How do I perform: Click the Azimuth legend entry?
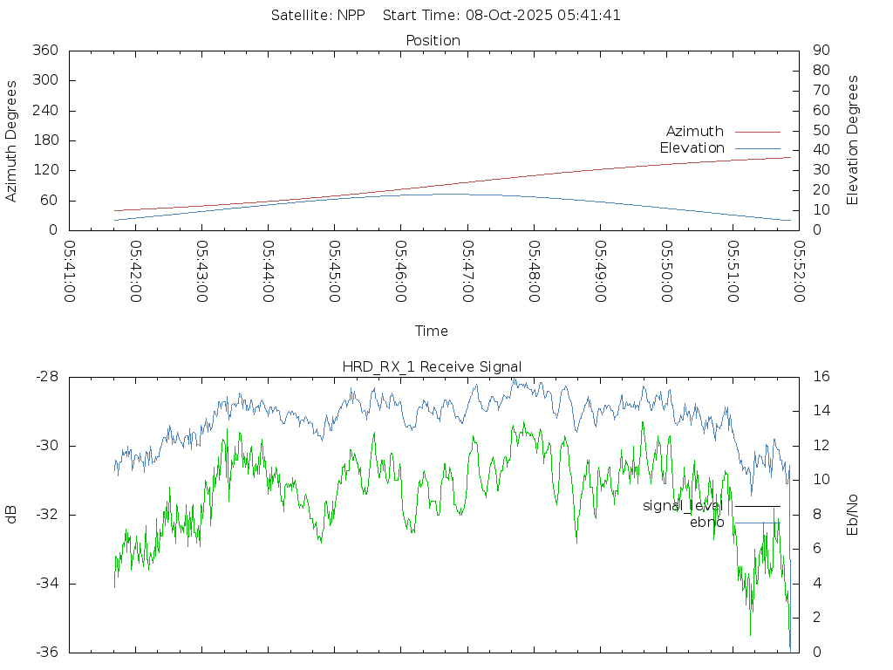[x=695, y=132]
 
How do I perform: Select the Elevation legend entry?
[x=692, y=148]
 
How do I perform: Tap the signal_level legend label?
[x=683, y=506]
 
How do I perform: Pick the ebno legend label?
[x=706, y=523]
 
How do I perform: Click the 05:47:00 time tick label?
[x=467, y=271]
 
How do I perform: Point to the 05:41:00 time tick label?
[x=70, y=271]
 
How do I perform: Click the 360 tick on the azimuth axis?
[x=46, y=51]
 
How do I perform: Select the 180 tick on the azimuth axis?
[x=46, y=140]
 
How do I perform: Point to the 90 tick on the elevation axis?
[x=820, y=51]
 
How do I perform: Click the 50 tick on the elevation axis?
[x=820, y=131]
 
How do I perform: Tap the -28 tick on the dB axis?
[x=46, y=377]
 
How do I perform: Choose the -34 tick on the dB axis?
[x=46, y=584]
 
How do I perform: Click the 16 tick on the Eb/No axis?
[x=821, y=377]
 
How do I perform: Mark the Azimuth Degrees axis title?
[x=11, y=140]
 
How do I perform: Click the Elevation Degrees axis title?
[x=853, y=140]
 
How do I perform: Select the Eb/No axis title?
[x=853, y=515]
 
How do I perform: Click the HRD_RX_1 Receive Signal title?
[x=432, y=366]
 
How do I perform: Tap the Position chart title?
[x=433, y=40]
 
